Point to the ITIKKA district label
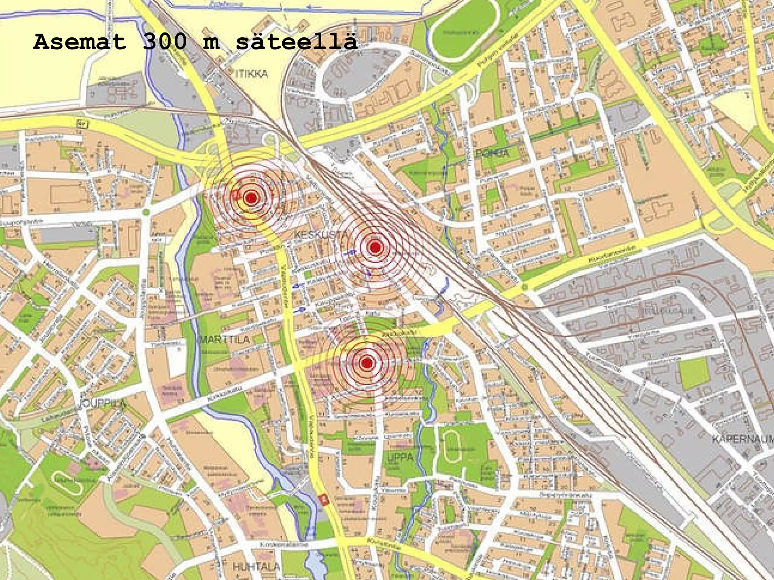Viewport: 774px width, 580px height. pyautogui.click(x=251, y=74)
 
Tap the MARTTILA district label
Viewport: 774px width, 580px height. pyautogui.click(x=225, y=339)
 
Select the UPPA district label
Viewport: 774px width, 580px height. pyautogui.click(x=400, y=457)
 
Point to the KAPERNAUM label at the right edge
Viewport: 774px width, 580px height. pyautogui.click(x=743, y=439)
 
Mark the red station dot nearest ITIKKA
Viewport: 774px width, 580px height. pyautogui.click(x=251, y=197)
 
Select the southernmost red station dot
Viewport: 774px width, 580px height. pyautogui.click(x=367, y=363)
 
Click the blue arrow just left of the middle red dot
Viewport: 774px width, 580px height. pyautogui.click(x=352, y=251)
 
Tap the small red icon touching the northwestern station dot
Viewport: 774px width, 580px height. pyautogui.click(x=237, y=195)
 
